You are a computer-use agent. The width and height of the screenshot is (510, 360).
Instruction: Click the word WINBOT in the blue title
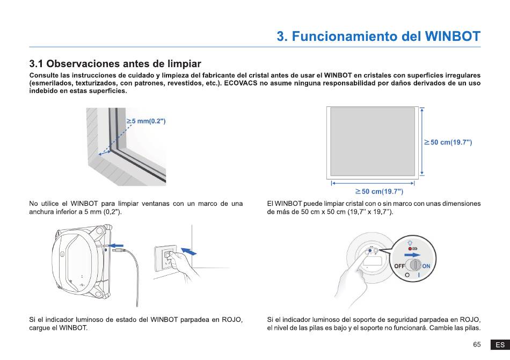click(x=453, y=36)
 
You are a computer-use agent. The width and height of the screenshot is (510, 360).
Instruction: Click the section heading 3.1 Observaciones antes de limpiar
click(x=115, y=63)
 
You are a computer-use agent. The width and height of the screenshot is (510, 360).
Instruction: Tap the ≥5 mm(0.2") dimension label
click(x=146, y=121)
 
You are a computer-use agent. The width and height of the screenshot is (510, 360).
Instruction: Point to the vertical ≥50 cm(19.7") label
click(x=448, y=142)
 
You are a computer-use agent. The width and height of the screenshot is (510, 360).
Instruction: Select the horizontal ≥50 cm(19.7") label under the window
click(x=379, y=191)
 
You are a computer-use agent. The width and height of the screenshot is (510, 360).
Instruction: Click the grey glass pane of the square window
click(x=373, y=142)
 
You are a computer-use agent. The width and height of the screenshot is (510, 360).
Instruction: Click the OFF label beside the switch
click(x=399, y=266)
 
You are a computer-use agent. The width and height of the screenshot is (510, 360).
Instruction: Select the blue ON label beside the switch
click(x=426, y=266)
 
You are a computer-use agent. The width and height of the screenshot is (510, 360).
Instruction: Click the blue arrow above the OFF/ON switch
click(x=412, y=255)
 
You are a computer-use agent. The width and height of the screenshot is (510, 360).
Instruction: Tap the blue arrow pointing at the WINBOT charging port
click(x=117, y=245)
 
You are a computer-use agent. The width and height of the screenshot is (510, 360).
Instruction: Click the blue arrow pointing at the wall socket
click(x=188, y=251)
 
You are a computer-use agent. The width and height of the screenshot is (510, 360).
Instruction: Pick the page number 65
click(x=477, y=344)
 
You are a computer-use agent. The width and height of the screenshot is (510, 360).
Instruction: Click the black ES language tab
click(x=500, y=345)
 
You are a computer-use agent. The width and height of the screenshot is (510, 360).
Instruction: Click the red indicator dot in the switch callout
click(x=410, y=249)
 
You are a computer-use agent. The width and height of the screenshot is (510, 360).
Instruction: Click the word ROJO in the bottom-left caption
click(x=232, y=320)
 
